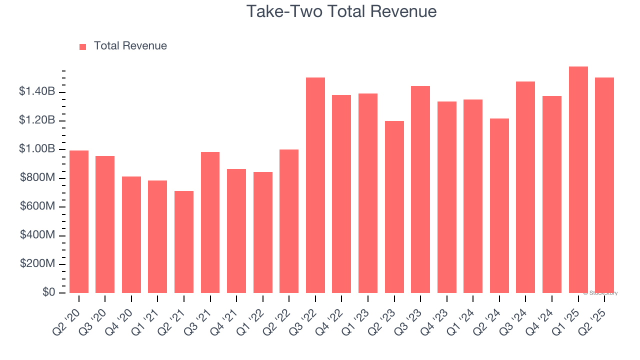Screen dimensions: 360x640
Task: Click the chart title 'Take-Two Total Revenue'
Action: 341,11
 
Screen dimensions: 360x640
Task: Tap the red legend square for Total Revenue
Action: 83,46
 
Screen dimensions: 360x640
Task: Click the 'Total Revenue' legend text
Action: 130,46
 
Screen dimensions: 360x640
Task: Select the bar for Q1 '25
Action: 578,180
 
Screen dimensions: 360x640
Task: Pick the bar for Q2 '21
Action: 184,242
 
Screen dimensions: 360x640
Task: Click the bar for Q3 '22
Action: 315,185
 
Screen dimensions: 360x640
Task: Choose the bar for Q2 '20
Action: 79,221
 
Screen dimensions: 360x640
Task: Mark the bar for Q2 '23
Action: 394,207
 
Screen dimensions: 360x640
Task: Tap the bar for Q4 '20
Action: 131,234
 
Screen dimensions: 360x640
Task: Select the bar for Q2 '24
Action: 499,205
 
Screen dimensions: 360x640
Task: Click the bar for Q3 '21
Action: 210,222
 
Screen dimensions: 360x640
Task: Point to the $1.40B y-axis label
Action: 36,91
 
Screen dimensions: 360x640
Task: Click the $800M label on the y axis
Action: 37,177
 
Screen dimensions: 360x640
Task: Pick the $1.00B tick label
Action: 36,149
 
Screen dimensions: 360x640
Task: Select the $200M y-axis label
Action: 37,263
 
